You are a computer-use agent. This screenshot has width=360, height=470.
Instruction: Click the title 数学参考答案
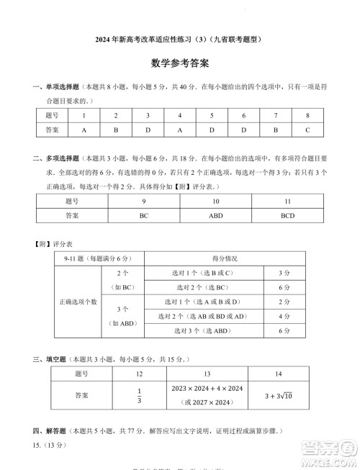180,63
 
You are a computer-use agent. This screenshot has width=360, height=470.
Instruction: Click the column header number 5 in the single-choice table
211,116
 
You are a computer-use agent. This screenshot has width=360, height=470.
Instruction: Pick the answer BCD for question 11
287,215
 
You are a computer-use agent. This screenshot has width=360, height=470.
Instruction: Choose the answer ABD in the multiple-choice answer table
215,215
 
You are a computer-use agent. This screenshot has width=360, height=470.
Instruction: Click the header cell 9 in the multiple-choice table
143,202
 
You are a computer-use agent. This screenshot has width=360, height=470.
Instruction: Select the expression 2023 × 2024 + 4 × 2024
207,389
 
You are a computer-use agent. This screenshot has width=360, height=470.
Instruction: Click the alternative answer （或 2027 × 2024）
207,403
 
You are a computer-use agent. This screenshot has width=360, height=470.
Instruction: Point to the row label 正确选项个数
78,302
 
